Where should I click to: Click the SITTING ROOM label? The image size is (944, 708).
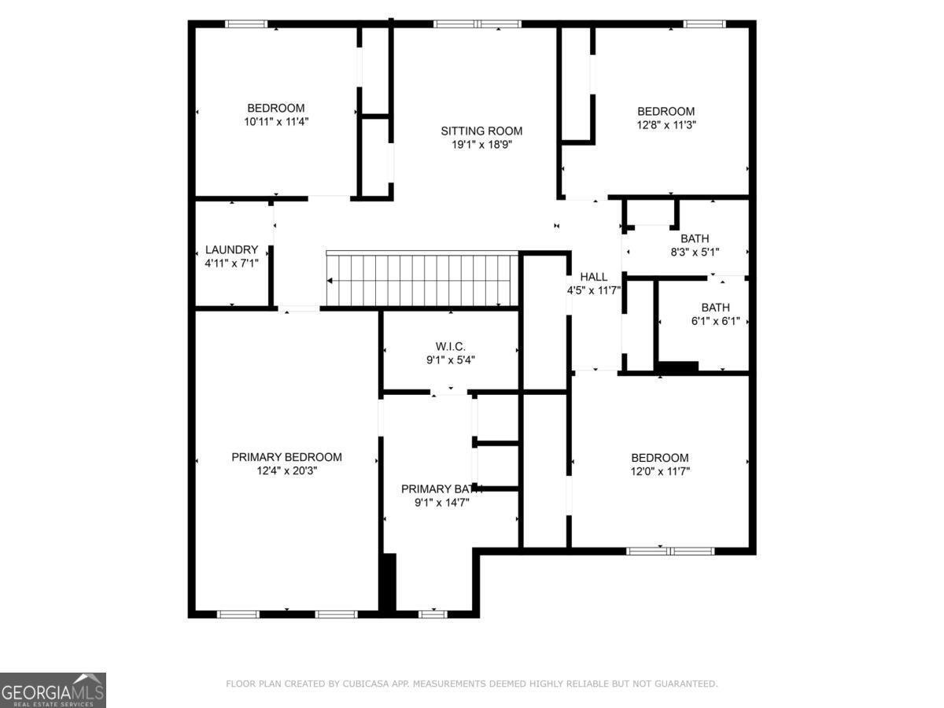481,131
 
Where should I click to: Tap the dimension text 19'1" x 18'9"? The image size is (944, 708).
481,145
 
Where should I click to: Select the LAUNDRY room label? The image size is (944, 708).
231,249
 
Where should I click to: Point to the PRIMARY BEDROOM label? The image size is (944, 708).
286,457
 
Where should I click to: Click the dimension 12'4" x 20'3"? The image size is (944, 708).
286,470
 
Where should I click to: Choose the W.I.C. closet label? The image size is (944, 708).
451,346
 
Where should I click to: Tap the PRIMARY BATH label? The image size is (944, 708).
441,489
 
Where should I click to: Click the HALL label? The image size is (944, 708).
594,277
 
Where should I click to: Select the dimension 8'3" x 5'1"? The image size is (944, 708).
694,252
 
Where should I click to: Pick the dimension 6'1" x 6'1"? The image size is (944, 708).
715,321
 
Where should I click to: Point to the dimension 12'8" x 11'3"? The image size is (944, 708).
666,124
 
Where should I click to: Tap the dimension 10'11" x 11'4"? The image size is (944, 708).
275,121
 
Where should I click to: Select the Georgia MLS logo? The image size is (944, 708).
53,690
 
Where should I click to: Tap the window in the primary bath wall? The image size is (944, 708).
432,614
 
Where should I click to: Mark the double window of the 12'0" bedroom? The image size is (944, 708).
670,551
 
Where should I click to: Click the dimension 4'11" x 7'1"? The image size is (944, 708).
231,264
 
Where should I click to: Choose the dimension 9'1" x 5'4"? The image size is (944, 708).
451,360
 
